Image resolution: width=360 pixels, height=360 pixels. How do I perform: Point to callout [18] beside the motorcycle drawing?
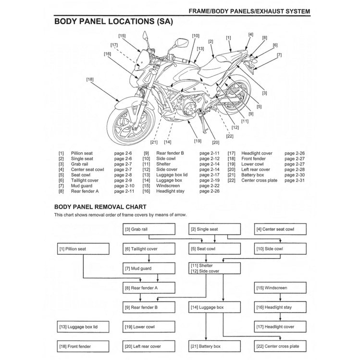[x=90, y=79]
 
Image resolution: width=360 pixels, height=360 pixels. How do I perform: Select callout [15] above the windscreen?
[x=122, y=36]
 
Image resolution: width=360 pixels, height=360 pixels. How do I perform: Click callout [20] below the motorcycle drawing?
[x=215, y=142]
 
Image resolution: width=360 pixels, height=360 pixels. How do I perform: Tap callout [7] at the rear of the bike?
[x=279, y=55]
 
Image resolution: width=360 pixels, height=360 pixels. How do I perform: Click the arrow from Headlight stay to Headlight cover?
[x=281, y=317]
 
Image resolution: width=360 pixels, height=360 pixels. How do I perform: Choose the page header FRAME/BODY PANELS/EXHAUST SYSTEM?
[x=249, y=10]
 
